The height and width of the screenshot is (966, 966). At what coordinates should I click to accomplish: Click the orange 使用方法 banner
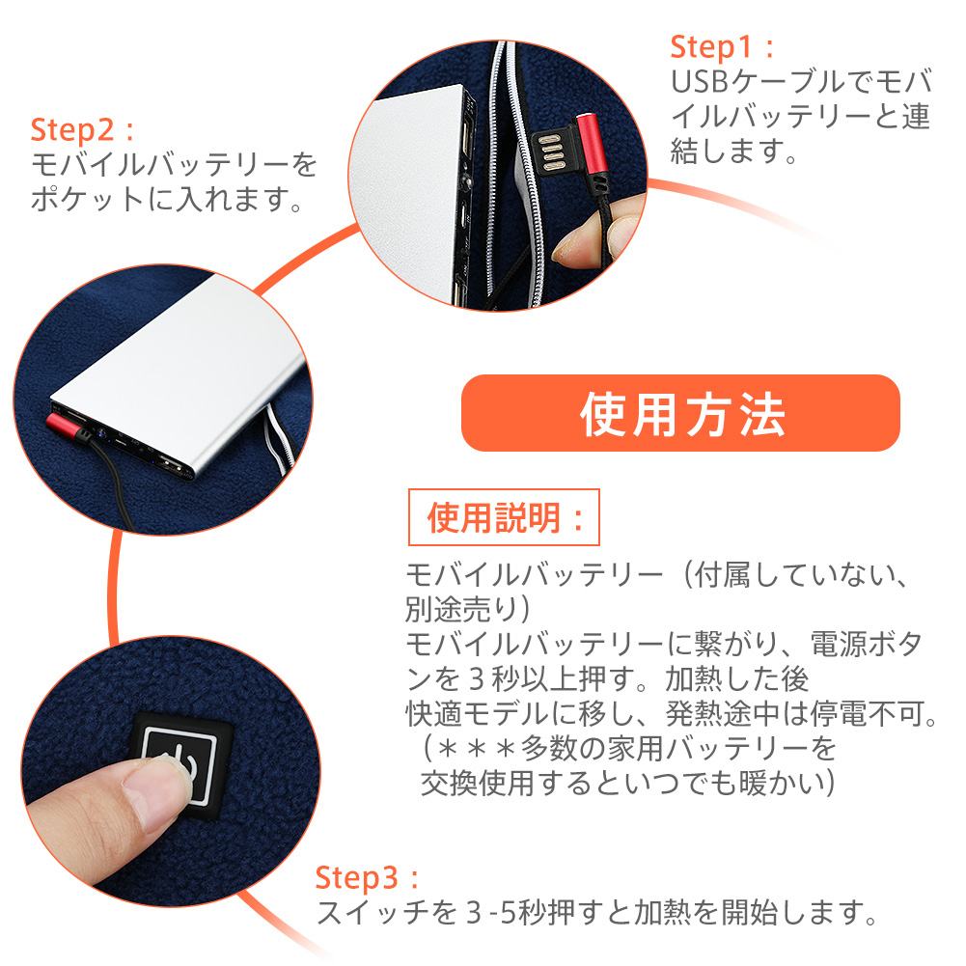click(x=680, y=413)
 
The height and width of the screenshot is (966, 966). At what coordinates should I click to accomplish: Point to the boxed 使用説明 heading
click(x=504, y=517)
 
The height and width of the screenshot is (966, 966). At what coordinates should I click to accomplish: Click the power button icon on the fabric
click(x=179, y=764)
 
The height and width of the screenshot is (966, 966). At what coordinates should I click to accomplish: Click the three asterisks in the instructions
click(x=477, y=749)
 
